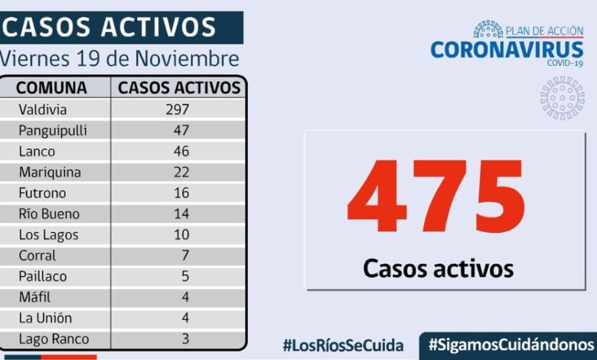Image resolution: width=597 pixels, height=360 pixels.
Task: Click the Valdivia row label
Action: [x=42, y=110]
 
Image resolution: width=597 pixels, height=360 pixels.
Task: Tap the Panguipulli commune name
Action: [x=52, y=130]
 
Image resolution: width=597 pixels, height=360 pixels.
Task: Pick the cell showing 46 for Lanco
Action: [x=181, y=151]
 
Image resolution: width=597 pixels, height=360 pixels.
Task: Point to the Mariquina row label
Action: [x=50, y=172]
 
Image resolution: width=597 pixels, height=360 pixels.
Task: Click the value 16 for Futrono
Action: [x=181, y=193]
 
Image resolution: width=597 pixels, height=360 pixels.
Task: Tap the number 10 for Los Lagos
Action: [x=181, y=234]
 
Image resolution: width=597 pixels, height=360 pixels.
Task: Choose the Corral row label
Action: [x=38, y=256]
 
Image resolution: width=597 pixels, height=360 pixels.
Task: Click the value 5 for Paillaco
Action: [x=184, y=277]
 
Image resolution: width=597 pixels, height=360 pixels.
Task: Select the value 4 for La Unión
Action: [x=184, y=318]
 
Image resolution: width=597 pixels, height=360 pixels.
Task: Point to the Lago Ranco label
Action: [x=54, y=339]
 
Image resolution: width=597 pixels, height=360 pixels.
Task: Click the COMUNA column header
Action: [x=51, y=87]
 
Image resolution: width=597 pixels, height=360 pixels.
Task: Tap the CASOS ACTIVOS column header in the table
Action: [x=179, y=87]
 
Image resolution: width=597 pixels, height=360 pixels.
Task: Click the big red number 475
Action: [x=436, y=198]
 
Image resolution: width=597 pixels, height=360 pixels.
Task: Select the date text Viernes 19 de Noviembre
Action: [x=119, y=59]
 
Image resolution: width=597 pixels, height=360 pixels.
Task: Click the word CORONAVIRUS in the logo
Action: [x=507, y=50]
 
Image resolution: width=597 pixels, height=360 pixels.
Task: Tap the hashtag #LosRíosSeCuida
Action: [x=343, y=345]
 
